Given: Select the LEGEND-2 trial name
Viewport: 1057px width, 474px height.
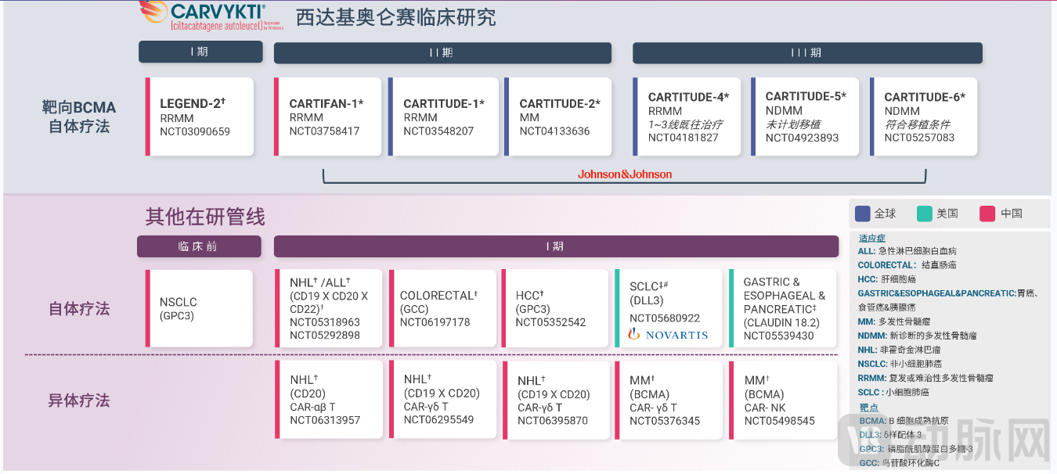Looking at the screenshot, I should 192,103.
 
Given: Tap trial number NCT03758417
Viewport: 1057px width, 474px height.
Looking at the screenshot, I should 324,131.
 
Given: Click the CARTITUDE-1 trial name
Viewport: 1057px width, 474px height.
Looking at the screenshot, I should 443,103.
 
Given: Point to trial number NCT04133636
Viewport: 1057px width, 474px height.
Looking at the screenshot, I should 554,131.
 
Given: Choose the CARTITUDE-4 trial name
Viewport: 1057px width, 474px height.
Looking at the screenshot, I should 688,97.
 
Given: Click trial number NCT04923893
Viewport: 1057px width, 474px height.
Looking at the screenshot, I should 802,138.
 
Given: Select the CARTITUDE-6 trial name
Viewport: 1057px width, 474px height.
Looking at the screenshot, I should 925,97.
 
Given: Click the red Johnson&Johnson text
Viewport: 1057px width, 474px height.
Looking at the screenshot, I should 625,174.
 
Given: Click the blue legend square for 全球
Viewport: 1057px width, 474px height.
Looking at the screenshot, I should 863,214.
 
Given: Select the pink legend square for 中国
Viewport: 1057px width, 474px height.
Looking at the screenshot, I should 987,214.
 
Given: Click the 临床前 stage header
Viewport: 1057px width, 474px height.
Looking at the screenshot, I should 199,246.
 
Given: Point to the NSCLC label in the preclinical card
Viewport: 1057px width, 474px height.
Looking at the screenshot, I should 178,302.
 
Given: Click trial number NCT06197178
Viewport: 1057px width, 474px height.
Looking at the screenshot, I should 435,322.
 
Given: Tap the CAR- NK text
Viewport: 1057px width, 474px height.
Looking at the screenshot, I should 765,408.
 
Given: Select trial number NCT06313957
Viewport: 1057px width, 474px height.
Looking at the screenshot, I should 325,420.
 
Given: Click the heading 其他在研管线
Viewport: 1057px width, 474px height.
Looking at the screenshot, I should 205,216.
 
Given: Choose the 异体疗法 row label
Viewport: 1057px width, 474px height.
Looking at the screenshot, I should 79,400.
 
